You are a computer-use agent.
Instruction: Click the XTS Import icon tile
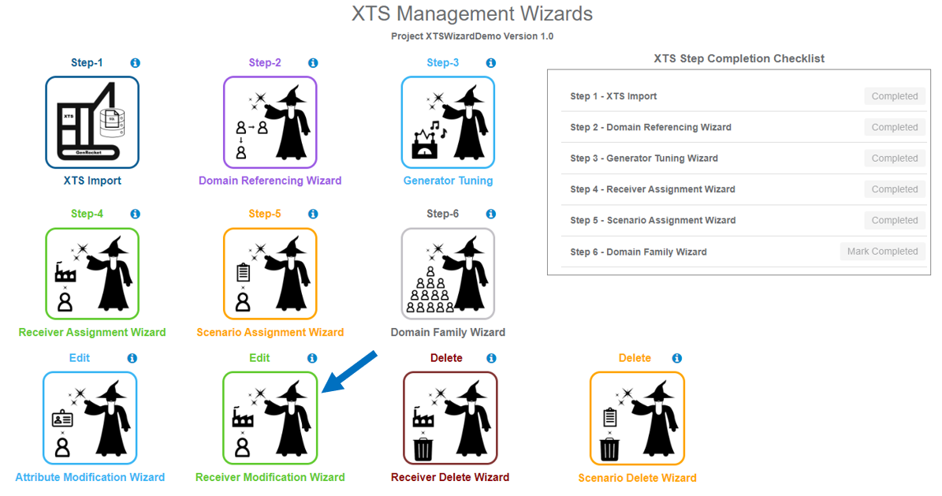(92, 122)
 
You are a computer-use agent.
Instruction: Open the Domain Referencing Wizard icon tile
(270, 122)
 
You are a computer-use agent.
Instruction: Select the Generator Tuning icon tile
(448, 122)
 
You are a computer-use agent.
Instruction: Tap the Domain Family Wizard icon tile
(448, 274)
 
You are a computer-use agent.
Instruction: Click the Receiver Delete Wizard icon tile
(450, 418)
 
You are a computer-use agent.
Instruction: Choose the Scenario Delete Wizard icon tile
(637, 418)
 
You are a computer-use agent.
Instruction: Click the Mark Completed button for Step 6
(882, 252)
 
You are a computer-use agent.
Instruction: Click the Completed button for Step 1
(894, 96)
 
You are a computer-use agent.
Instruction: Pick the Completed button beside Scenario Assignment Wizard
(894, 221)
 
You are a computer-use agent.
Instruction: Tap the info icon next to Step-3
(491, 63)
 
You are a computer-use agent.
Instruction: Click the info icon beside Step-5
(313, 214)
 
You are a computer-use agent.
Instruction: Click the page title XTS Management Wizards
(471, 14)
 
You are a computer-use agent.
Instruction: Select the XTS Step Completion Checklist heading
(739, 58)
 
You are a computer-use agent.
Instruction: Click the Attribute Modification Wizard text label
(90, 477)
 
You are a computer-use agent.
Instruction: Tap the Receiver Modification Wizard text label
(270, 477)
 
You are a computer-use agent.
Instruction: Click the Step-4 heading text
(87, 214)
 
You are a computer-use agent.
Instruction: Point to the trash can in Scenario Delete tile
(610, 449)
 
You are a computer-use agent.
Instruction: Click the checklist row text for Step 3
(644, 158)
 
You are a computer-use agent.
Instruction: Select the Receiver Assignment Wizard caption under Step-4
(92, 332)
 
